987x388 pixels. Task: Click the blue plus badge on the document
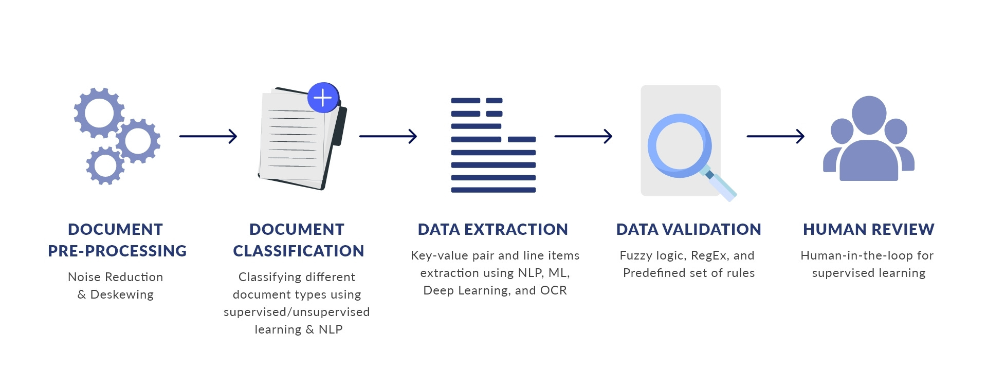point(323,98)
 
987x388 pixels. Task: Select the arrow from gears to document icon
point(208,136)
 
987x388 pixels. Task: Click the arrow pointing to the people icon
point(775,136)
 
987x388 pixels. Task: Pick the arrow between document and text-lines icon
point(388,136)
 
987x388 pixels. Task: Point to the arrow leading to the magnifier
point(583,136)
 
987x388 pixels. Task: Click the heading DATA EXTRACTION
point(492,229)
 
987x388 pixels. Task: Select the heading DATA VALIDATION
point(688,229)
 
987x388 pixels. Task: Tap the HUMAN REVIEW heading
point(868,229)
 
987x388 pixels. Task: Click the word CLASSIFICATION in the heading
point(298,251)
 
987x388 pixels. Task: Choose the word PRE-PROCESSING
point(117,251)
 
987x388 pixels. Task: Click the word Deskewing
point(122,294)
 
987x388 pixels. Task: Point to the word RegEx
point(709,255)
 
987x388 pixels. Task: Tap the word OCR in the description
point(553,290)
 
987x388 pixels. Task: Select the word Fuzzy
point(637,255)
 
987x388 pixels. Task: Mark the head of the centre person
point(869,115)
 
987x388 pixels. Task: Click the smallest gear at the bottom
point(105,165)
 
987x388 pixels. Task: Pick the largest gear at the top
point(99,113)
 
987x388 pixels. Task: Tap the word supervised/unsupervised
point(297,312)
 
